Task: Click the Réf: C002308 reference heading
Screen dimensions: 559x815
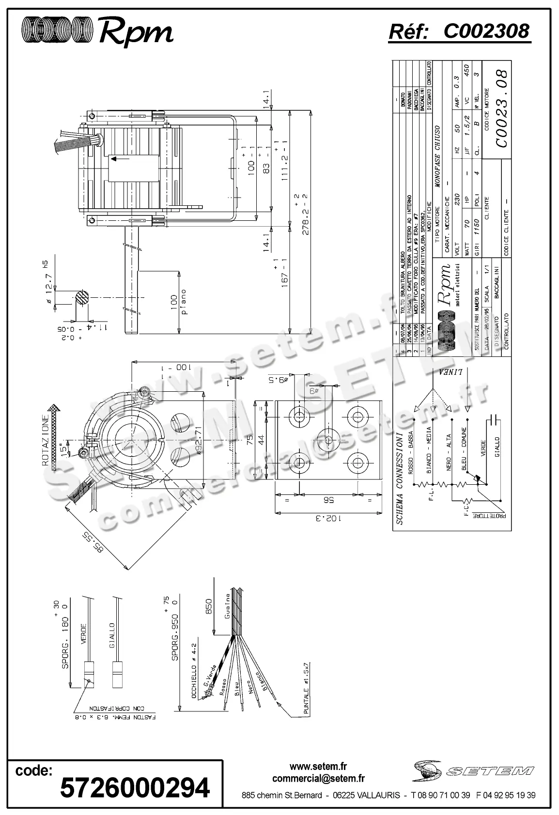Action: click(x=459, y=31)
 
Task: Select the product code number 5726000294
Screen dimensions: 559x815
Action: click(x=135, y=788)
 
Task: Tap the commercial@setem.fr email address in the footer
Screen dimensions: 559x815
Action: click(x=318, y=779)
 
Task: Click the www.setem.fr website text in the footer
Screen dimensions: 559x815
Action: click(x=318, y=767)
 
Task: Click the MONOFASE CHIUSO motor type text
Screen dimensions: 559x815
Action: click(x=438, y=156)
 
